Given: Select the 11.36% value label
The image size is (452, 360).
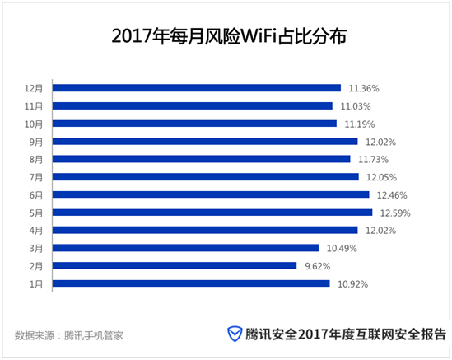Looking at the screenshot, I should pyautogui.click(x=363, y=87).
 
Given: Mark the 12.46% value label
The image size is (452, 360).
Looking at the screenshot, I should pyautogui.click(x=392, y=194).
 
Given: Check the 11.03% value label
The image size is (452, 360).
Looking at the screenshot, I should pyautogui.click(x=355, y=105).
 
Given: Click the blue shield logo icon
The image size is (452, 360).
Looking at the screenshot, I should pyautogui.click(x=235, y=334).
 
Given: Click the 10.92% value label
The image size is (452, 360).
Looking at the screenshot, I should pyautogui.click(x=352, y=283).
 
